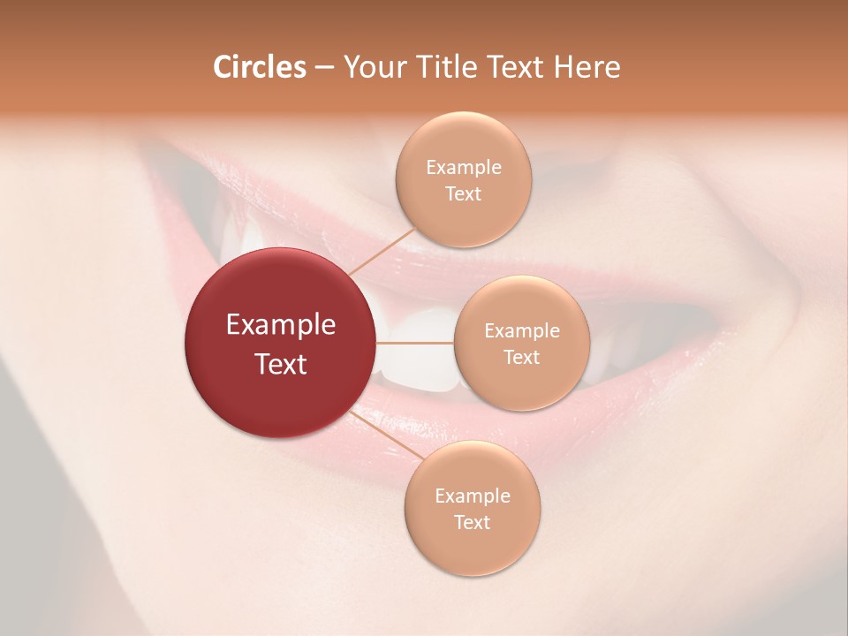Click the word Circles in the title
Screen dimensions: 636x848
259,67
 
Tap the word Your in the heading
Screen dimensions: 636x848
373,67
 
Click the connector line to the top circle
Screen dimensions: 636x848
382,250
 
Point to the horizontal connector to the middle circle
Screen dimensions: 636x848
415,343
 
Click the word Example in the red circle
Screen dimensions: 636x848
281,325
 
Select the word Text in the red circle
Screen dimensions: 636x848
281,364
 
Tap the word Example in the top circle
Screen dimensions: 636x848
464,168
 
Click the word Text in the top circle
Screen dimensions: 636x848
463,194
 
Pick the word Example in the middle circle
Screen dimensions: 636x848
522,331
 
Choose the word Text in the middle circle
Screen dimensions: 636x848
521,357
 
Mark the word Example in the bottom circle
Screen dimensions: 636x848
473,496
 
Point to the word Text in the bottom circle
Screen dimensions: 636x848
472,522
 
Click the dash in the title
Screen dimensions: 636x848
324,68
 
